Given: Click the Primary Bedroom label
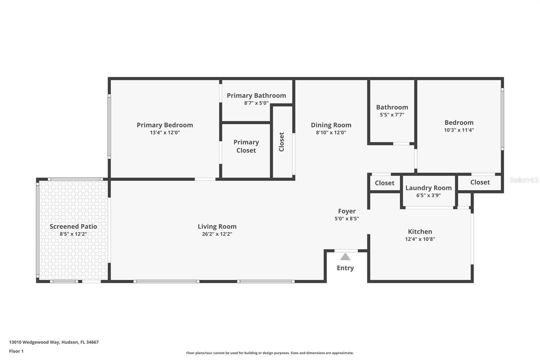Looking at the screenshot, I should [x=165, y=125].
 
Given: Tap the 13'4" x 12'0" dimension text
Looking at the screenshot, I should [x=165, y=133].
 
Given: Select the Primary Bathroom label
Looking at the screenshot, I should [x=256, y=96].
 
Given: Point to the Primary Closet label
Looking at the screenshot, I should [x=246, y=146].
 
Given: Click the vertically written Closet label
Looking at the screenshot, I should [x=281, y=142].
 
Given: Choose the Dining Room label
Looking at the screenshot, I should [x=331, y=125].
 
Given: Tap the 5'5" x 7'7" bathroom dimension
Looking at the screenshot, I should [x=392, y=115].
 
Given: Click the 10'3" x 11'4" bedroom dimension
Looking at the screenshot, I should [x=459, y=130].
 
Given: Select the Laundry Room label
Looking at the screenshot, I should [x=428, y=188].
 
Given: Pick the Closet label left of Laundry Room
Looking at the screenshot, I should [x=384, y=183].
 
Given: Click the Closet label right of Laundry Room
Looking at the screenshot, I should [x=480, y=182].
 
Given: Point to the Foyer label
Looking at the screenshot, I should [x=347, y=211].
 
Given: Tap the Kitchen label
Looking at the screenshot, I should [x=420, y=232].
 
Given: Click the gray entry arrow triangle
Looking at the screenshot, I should [x=345, y=257].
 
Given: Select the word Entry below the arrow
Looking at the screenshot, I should [x=345, y=268].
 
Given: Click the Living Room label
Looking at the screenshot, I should [x=217, y=227].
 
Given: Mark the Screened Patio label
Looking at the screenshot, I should [x=73, y=227].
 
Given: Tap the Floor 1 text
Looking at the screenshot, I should [x=16, y=351].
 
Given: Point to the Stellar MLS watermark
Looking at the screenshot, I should [x=523, y=180].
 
